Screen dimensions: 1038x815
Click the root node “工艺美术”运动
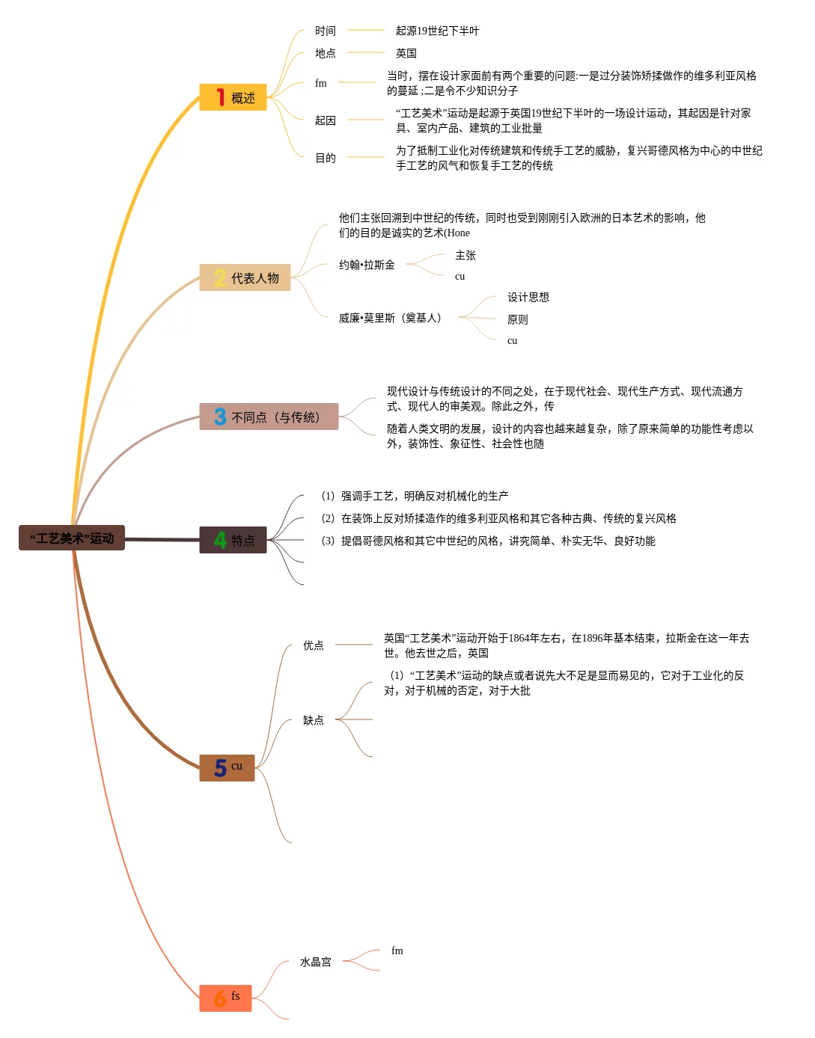click(x=72, y=538)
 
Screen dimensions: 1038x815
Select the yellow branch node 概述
click(x=233, y=98)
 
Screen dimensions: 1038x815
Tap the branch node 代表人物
click(x=245, y=278)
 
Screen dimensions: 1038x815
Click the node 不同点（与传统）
click(x=269, y=417)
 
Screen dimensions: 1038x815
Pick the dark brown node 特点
click(x=233, y=540)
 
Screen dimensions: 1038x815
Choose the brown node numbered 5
click(x=227, y=768)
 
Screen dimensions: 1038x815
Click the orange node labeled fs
click(x=225, y=998)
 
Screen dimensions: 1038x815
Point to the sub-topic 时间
click(x=326, y=31)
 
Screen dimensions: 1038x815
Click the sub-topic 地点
click(x=326, y=53)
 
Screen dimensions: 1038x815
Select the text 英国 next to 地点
click(x=406, y=53)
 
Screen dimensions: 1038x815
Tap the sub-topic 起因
click(x=326, y=120)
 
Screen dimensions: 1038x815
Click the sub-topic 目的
click(x=326, y=158)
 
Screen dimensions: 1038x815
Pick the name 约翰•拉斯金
click(x=367, y=265)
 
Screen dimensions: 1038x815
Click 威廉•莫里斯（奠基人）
click(x=390, y=318)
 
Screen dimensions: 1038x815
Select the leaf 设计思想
click(x=528, y=297)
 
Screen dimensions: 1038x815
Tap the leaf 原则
click(x=518, y=319)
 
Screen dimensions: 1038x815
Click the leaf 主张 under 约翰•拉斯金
click(x=466, y=255)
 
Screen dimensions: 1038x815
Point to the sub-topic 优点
click(x=314, y=645)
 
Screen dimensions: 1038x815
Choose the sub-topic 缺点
click(x=314, y=720)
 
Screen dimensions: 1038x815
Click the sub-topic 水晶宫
click(x=316, y=962)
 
